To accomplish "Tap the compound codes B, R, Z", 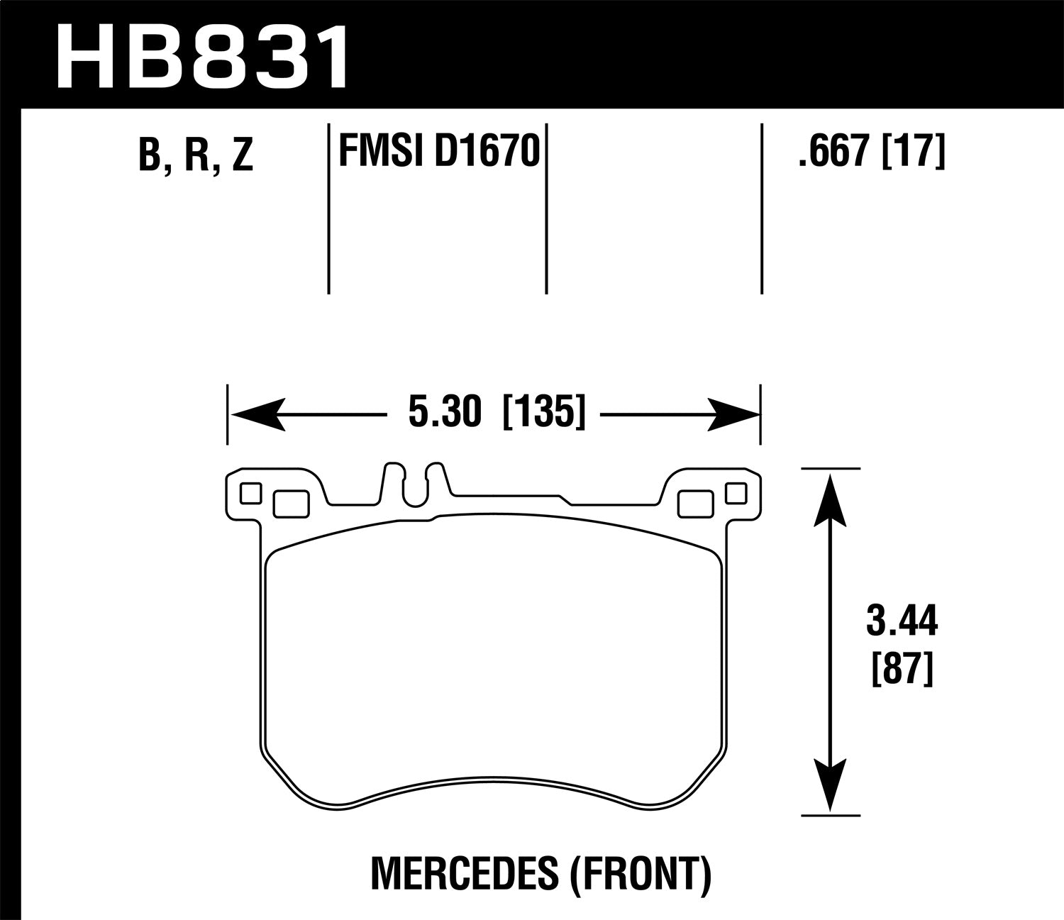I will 196,155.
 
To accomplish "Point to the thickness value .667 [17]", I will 872,151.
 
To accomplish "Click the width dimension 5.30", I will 445,412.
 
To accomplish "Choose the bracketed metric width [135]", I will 544,412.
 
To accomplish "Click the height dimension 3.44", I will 902,622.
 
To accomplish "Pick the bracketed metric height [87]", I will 901,669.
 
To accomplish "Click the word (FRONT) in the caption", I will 638,875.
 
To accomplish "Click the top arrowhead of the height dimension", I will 829,499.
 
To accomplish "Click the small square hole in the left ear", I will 250,493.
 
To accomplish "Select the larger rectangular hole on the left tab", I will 291,504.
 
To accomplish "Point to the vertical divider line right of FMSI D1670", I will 546,209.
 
